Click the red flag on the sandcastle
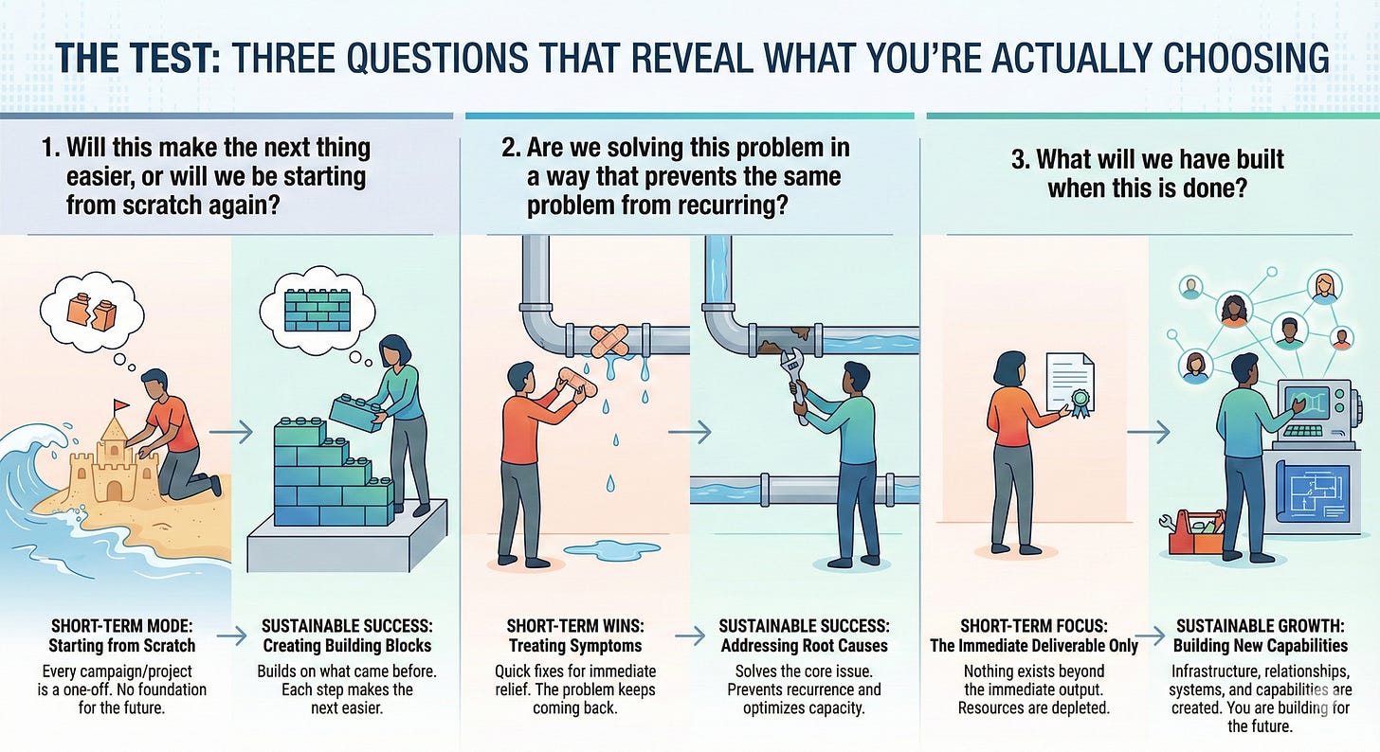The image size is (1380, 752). point(120,405)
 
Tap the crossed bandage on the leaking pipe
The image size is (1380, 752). point(609,341)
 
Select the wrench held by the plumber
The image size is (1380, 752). point(795,385)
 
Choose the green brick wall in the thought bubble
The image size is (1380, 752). point(318,310)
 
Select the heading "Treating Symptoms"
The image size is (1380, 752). point(574,646)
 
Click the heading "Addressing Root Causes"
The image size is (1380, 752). point(804,646)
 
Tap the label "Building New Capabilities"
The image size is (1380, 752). point(1260,646)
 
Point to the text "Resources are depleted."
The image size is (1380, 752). point(1033,707)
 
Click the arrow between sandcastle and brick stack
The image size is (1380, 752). point(231,432)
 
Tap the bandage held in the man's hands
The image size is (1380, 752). point(578,382)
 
